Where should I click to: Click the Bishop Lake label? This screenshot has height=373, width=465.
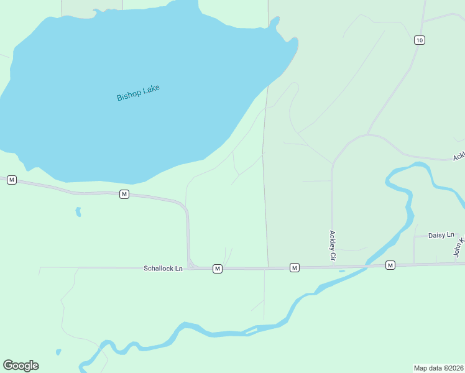138,93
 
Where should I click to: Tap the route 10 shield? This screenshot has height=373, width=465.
420,40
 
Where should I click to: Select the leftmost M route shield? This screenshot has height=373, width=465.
11,180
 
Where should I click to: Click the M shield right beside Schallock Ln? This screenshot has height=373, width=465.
217,269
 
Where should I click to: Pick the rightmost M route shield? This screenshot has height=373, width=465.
390,265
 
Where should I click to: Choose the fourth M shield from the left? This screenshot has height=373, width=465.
295,267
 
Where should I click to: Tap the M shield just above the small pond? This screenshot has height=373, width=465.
124,195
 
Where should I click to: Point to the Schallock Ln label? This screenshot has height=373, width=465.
163,269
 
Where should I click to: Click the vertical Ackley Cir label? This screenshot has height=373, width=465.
333,245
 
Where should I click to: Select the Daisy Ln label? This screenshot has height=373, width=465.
441,235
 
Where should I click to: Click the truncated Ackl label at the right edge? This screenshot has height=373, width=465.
459,155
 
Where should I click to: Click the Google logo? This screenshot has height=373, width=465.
21,366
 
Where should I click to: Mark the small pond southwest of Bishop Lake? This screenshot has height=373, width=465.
78,212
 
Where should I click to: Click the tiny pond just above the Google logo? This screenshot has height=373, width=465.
58,352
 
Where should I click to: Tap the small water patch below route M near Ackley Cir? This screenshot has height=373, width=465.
341,271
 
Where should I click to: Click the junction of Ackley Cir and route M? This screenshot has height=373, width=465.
332,267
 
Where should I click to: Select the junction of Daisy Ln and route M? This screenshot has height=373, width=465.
414,264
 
